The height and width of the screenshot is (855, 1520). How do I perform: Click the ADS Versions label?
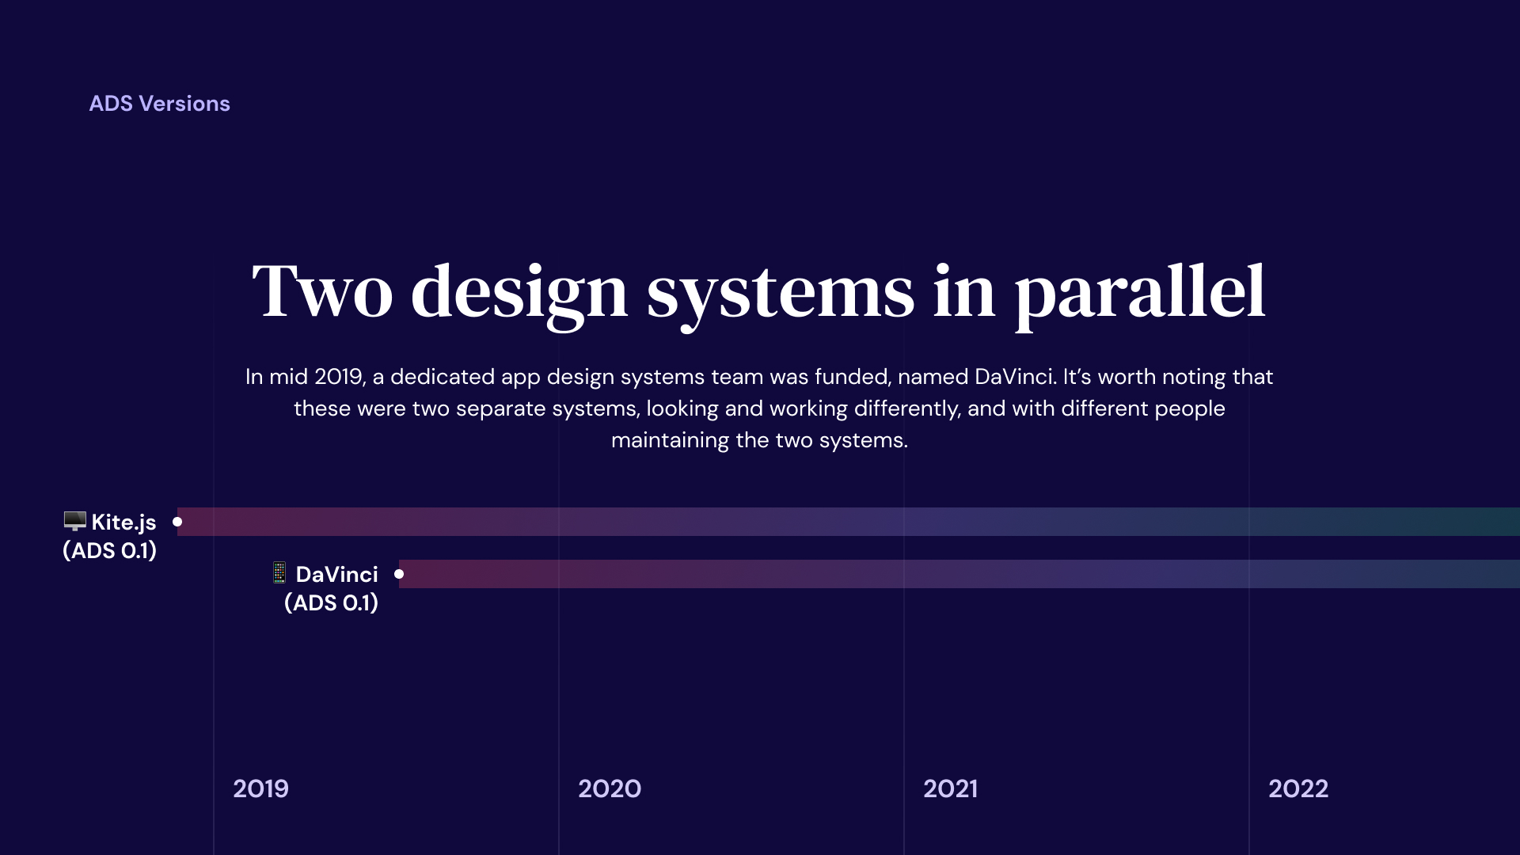click(x=159, y=104)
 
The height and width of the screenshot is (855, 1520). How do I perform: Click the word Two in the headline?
click(x=322, y=292)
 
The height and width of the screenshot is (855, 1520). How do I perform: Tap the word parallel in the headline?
click(x=1140, y=295)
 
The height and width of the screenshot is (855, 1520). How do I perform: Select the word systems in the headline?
click(x=781, y=295)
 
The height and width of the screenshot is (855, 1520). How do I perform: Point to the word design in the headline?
click(x=519, y=295)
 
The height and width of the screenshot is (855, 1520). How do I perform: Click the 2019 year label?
click(x=260, y=788)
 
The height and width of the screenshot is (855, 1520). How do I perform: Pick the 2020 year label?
click(x=610, y=788)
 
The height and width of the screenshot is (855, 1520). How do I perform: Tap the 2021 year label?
click(x=950, y=788)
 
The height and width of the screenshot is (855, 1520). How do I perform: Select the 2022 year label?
click(x=1298, y=788)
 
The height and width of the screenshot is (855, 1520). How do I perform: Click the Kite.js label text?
click(x=123, y=522)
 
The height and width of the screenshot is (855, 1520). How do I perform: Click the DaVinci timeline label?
click(x=336, y=574)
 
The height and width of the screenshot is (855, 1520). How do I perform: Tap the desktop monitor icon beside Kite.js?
click(x=75, y=521)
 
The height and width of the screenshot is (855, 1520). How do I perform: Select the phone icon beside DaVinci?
click(x=279, y=572)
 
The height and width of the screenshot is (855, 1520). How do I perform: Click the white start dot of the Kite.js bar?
click(x=177, y=522)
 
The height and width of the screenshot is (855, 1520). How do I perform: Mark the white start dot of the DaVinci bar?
click(x=399, y=574)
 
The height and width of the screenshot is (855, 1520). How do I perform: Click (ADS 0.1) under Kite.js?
click(x=110, y=550)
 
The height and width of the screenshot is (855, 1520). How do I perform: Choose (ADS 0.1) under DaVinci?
click(x=331, y=602)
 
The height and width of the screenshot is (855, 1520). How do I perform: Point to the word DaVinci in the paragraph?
click(x=1014, y=377)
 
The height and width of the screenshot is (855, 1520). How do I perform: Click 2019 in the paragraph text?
click(x=340, y=377)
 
